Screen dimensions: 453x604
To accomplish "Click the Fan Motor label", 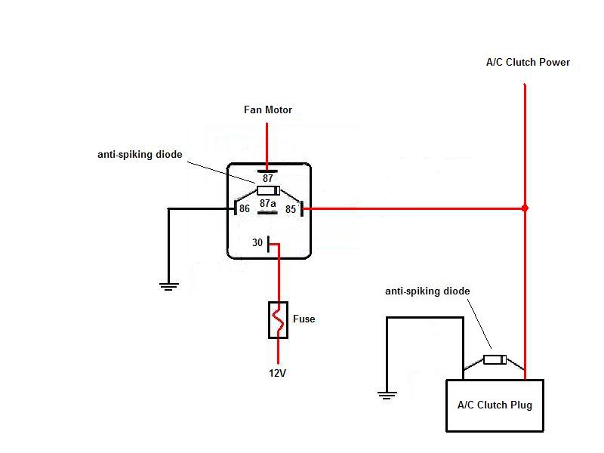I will point(267,110).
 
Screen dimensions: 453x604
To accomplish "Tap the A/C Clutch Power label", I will point(528,62).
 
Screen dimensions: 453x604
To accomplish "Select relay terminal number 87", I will point(267,177).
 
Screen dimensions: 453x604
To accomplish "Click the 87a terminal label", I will point(267,204).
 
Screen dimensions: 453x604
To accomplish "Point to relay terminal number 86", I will point(244,208).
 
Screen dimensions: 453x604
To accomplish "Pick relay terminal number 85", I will point(291,208).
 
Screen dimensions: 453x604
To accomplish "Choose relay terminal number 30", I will point(257,243).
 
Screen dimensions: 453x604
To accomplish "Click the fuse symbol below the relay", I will point(277,319).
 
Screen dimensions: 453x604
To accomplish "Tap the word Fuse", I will point(304,319).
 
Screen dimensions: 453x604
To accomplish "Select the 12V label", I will point(277,373).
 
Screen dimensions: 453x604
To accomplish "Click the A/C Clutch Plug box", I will point(495,405).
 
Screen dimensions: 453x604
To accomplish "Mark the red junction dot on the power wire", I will point(525,208).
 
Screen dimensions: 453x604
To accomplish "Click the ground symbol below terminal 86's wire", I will point(168,285).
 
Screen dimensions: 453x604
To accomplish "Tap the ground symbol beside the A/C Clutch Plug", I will point(387,394).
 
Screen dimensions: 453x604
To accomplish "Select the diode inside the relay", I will point(268,190).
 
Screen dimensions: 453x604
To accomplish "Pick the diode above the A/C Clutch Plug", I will point(495,359).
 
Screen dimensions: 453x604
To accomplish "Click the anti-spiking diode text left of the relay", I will point(140,154).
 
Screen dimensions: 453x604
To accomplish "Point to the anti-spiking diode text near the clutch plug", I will point(427,291).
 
